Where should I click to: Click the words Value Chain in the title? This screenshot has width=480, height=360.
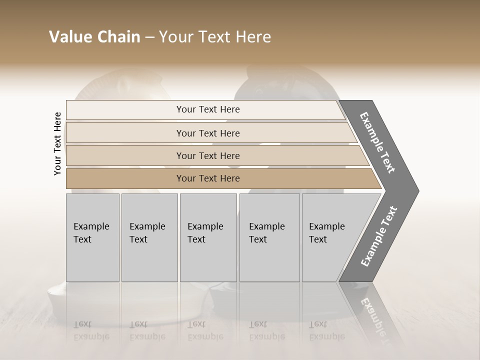[94, 37]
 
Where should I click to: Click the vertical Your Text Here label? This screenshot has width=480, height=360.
[57, 143]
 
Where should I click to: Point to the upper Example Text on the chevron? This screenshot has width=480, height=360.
[377, 142]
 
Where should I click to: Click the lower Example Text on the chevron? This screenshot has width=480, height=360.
[379, 236]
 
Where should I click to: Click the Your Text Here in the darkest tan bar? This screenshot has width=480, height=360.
[208, 178]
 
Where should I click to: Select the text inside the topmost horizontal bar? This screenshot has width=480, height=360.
[208, 109]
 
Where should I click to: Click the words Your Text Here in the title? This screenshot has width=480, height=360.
[215, 37]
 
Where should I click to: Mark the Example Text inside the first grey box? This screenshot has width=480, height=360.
[91, 232]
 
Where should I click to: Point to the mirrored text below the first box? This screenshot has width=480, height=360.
[91, 330]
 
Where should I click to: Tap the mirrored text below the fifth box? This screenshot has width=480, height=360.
[326, 330]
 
